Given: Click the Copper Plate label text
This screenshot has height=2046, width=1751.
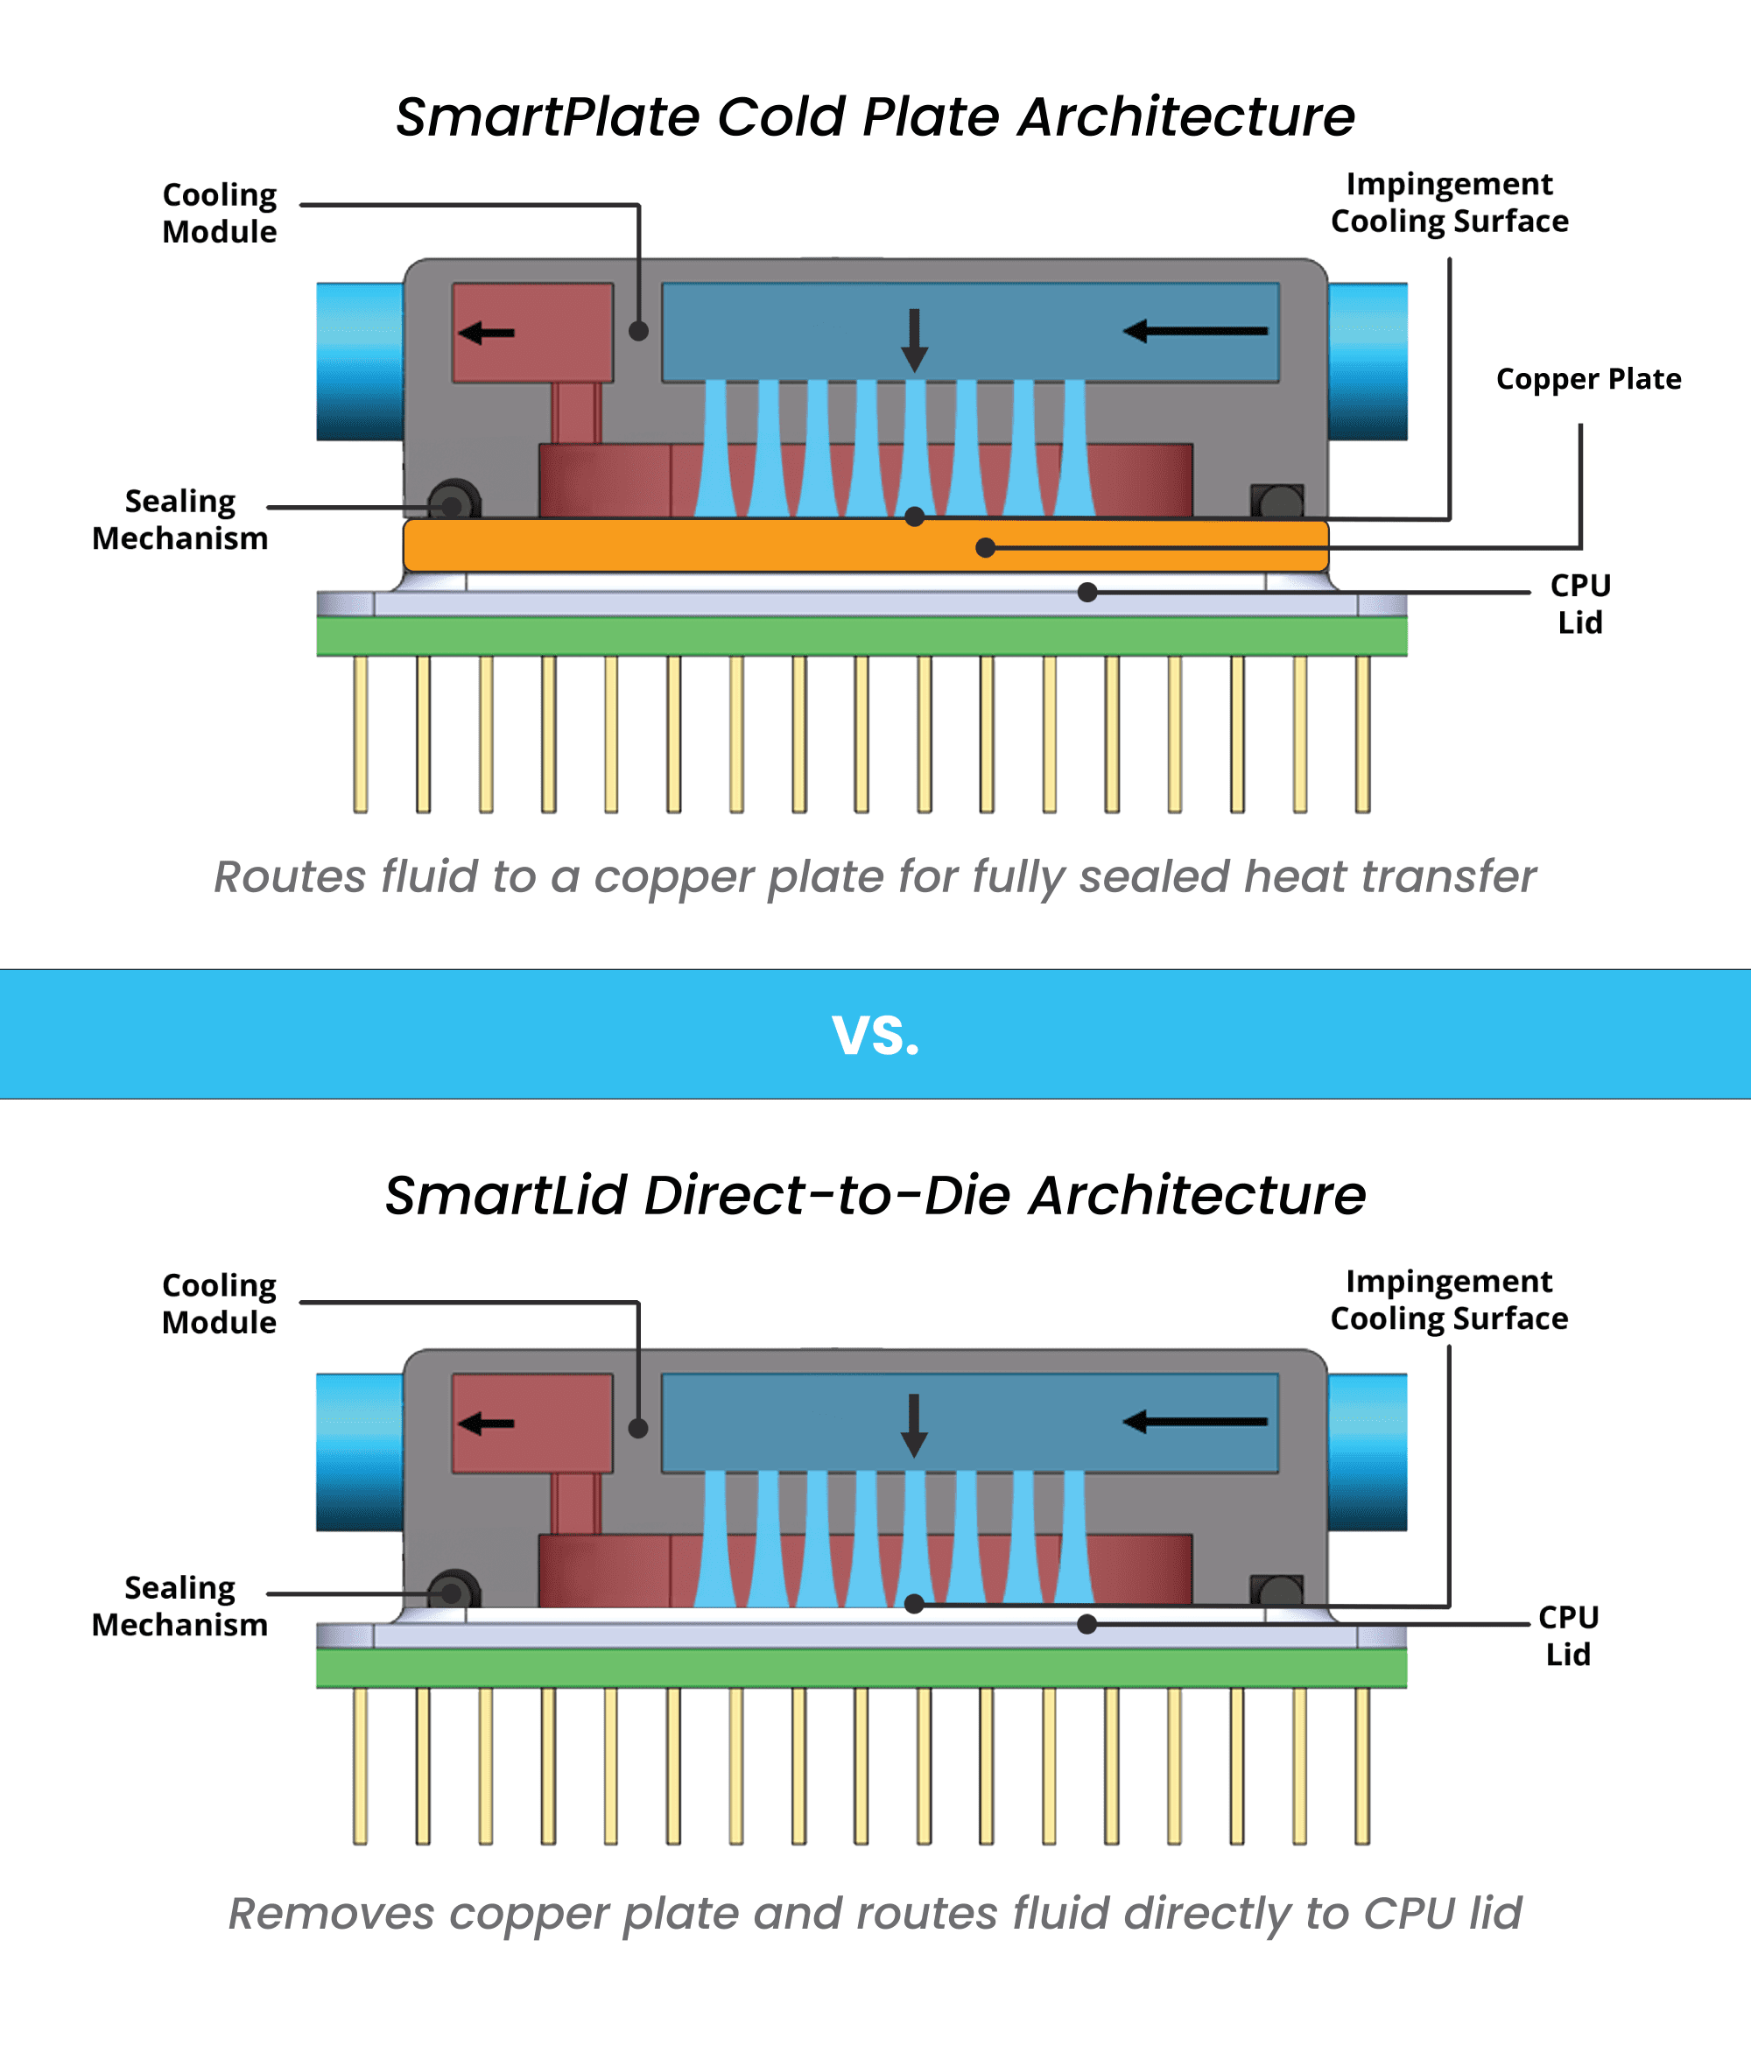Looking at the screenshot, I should (1587, 379).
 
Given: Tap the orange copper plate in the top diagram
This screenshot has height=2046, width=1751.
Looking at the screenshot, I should (692, 546).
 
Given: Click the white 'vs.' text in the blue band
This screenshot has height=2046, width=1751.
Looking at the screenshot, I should (875, 1035).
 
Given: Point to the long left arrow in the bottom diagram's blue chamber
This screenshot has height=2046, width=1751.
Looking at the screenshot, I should (1195, 1422).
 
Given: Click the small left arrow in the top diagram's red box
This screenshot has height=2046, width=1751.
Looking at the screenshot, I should (487, 333).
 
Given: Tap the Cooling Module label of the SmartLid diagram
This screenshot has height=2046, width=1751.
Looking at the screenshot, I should (219, 1304).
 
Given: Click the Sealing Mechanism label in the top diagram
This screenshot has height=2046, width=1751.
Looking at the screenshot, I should (179, 519).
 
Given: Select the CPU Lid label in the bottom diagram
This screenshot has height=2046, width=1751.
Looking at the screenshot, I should (1567, 1635).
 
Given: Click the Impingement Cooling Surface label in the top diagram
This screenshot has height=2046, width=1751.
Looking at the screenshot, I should (1449, 202).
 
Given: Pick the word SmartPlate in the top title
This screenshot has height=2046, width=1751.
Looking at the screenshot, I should (548, 116).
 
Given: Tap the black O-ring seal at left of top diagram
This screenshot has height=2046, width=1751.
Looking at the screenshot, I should (454, 503).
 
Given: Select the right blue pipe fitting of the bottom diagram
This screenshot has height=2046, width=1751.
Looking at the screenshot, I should (1367, 1452).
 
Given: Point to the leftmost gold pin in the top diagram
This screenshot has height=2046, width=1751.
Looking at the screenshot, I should (361, 734).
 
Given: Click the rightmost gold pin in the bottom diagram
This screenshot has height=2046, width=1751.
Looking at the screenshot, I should (1362, 1766).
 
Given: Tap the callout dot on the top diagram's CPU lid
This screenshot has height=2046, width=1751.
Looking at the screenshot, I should (1087, 593).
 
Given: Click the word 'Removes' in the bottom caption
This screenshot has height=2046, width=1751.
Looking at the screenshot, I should (331, 1914).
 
